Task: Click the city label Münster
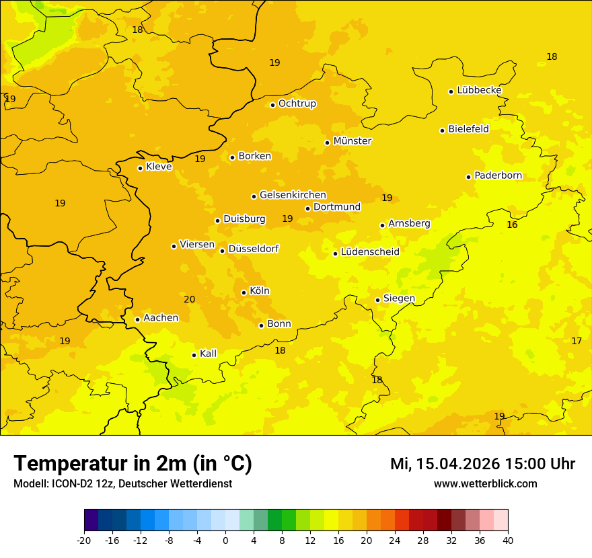[352, 141]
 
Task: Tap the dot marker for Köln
[244, 292]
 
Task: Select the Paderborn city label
[498, 175]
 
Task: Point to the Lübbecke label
[479, 90]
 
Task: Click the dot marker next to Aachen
[137, 319]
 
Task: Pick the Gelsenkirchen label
[293, 195]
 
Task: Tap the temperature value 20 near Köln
[190, 299]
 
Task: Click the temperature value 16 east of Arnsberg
[512, 225]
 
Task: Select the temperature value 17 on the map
[577, 341]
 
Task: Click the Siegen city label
[399, 298]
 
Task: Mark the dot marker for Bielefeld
[442, 130]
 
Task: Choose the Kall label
[208, 354]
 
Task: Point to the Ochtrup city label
[297, 104]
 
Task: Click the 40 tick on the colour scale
[508, 540]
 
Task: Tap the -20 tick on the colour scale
[84, 540]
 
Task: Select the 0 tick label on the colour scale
[225, 540]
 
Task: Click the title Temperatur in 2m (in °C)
[133, 463]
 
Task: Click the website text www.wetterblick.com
[485, 483]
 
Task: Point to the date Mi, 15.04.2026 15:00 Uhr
[482, 464]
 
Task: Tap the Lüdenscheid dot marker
[335, 253]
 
